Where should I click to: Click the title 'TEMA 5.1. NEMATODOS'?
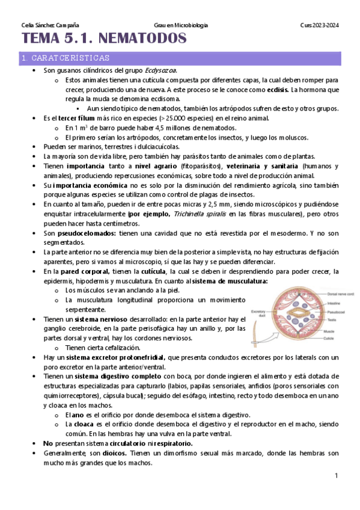(x=104, y=40)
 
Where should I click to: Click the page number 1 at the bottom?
(x=337, y=476)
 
